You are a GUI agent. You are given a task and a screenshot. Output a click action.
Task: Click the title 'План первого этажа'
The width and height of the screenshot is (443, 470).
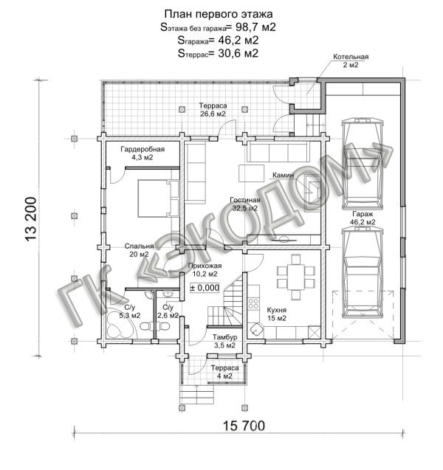[219, 14]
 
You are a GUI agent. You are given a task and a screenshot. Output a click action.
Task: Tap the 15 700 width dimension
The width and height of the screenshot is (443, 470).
[244, 426]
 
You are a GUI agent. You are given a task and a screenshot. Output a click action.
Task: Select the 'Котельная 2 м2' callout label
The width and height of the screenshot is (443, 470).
[351, 61]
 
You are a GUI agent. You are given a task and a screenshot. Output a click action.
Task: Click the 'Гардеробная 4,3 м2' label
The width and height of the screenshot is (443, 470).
[142, 153]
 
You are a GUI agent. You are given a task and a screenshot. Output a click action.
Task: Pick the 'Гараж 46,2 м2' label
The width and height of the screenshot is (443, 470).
[363, 218]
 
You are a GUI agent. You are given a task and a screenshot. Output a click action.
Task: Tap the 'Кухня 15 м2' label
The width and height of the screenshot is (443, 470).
[277, 314]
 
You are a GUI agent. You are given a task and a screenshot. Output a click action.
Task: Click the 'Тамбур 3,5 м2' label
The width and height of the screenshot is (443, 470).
[224, 341]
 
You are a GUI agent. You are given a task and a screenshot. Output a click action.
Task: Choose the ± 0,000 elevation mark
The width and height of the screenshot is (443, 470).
[205, 288]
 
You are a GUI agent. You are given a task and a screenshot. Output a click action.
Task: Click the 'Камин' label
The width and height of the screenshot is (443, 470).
[283, 176]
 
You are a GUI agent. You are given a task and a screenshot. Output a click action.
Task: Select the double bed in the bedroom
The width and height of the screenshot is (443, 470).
[158, 198]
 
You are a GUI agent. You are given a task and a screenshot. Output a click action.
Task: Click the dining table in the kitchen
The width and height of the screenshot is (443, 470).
[296, 277]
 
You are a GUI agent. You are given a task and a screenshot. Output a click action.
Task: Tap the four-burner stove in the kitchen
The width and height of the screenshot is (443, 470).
[253, 303]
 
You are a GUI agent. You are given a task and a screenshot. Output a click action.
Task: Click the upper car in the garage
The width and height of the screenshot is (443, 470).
[363, 164]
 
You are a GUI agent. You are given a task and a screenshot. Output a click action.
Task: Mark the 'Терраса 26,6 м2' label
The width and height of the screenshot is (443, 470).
[213, 110]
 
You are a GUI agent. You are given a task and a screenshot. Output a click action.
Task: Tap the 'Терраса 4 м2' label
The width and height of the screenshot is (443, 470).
[224, 372]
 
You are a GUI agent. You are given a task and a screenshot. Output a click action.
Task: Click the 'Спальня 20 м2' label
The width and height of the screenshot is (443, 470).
[139, 250]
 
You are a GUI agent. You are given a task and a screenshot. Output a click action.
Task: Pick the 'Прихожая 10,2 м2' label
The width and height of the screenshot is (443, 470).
[205, 269]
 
